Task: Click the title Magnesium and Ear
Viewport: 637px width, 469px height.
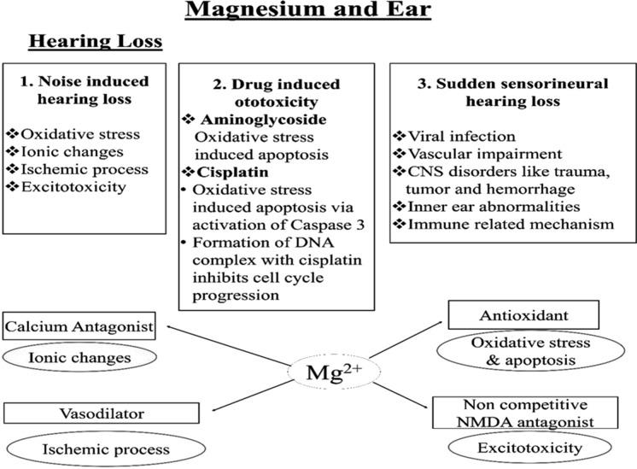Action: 318,12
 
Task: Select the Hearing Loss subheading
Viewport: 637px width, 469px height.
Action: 96,42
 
